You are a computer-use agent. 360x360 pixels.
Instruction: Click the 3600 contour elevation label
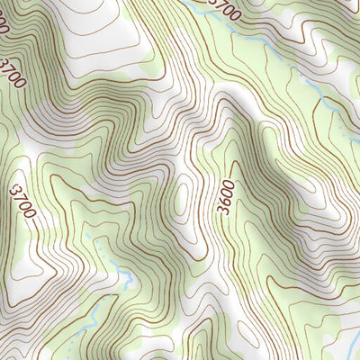click(x=226, y=197)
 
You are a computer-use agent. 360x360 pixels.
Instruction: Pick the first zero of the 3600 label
click(x=226, y=193)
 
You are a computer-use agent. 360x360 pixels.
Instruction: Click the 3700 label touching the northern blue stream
click(x=224, y=10)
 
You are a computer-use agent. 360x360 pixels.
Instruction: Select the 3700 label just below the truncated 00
click(x=13, y=73)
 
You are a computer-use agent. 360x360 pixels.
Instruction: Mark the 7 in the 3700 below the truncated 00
click(x=11, y=69)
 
